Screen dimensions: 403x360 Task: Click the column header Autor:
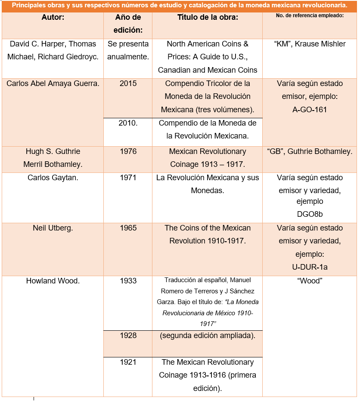53,18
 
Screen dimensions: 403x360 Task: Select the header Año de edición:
128,24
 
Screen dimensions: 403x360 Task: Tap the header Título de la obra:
208,18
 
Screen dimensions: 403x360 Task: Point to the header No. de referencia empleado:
310,16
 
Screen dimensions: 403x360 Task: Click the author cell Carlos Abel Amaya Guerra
53,83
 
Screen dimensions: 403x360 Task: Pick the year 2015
128,83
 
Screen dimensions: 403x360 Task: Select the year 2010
128,123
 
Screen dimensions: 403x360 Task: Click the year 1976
128,151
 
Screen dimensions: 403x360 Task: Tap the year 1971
128,178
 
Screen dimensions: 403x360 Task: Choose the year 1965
128,228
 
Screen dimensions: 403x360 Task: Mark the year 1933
128,281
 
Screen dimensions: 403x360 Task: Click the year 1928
128,335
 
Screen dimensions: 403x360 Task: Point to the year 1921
128,362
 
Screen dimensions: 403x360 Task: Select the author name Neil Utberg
53,228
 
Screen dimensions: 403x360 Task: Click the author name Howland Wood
53,281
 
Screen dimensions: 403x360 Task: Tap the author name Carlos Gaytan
53,178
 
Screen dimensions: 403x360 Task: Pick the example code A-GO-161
310,110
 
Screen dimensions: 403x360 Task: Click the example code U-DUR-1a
310,267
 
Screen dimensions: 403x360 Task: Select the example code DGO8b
310,213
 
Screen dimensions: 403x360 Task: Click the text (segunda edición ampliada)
208,335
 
